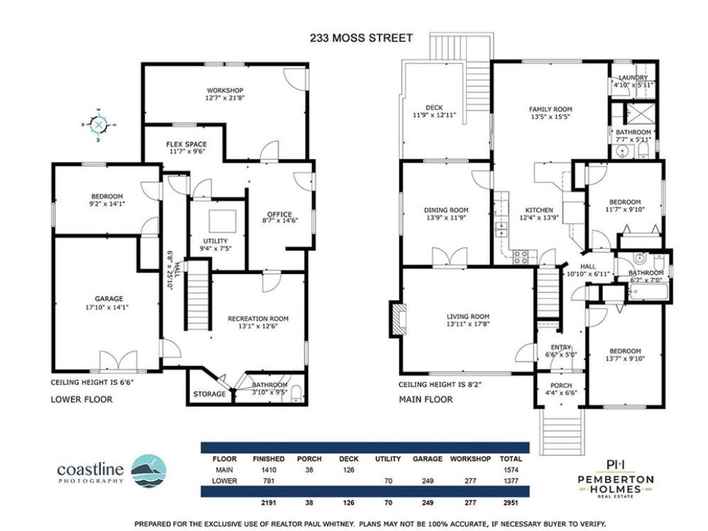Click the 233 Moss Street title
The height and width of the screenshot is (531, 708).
tap(361, 38)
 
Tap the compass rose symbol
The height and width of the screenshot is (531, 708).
tap(98, 124)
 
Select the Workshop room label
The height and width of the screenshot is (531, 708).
tap(225, 91)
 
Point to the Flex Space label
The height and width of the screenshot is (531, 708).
tap(187, 144)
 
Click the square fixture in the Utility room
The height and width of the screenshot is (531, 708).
tap(222, 221)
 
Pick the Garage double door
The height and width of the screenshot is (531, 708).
tap(118, 360)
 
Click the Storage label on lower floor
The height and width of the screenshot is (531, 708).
tap(209, 393)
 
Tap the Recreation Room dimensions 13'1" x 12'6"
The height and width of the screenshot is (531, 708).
tap(258, 326)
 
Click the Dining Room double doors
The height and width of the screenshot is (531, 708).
tap(449, 257)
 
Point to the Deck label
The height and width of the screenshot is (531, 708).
tap(434, 107)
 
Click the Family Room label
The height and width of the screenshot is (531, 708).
tap(550, 109)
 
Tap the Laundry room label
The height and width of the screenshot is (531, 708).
tap(633, 77)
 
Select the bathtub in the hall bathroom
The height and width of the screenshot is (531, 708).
tap(647, 292)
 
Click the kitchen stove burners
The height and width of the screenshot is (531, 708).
tap(520, 257)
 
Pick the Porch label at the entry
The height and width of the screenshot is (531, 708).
tap(561, 385)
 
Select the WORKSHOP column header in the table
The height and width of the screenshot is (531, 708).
tap(470, 459)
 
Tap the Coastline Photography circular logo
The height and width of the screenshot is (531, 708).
tap(149, 471)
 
